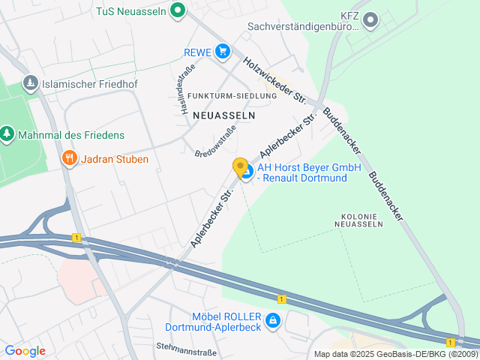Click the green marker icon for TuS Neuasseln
pos(177,10)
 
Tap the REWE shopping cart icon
pos(222,51)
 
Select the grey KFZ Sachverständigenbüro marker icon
pos(370,19)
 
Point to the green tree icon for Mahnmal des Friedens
pos(7,134)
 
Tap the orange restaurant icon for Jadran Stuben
pos(69,158)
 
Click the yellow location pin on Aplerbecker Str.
pos(240,167)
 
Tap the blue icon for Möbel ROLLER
pos(273,321)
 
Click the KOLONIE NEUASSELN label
pos(357,220)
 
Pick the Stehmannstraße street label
pos(186,346)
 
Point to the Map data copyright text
pos(395,354)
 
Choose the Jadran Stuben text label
pos(116,159)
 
